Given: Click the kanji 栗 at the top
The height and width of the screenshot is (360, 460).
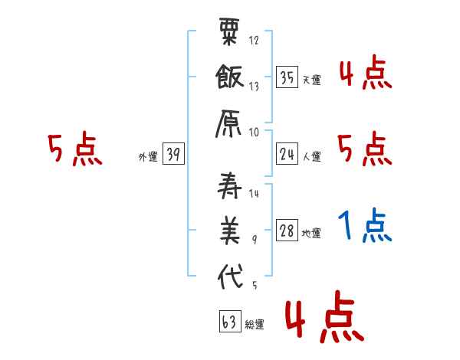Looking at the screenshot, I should click(x=229, y=34).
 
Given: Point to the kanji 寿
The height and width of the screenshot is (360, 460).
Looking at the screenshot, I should click(x=229, y=188).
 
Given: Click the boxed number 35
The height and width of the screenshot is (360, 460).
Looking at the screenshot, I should click(x=287, y=77).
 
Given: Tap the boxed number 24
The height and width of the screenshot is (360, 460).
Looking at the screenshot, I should click(x=287, y=155).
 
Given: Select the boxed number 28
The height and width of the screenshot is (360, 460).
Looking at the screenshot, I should click(x=287, y=231).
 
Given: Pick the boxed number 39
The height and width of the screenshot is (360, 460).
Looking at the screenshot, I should click(x=173, y=155).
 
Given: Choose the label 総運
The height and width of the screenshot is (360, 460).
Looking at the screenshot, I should click(x=255, y=325).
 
